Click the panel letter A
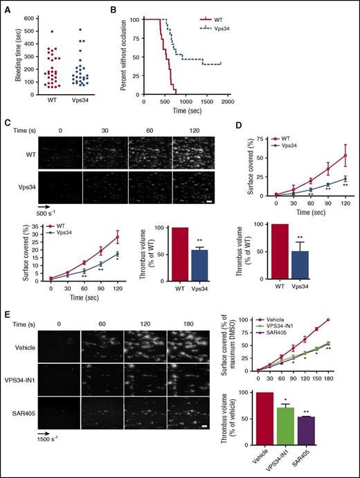pyautogui.click(x=8, y=6)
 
